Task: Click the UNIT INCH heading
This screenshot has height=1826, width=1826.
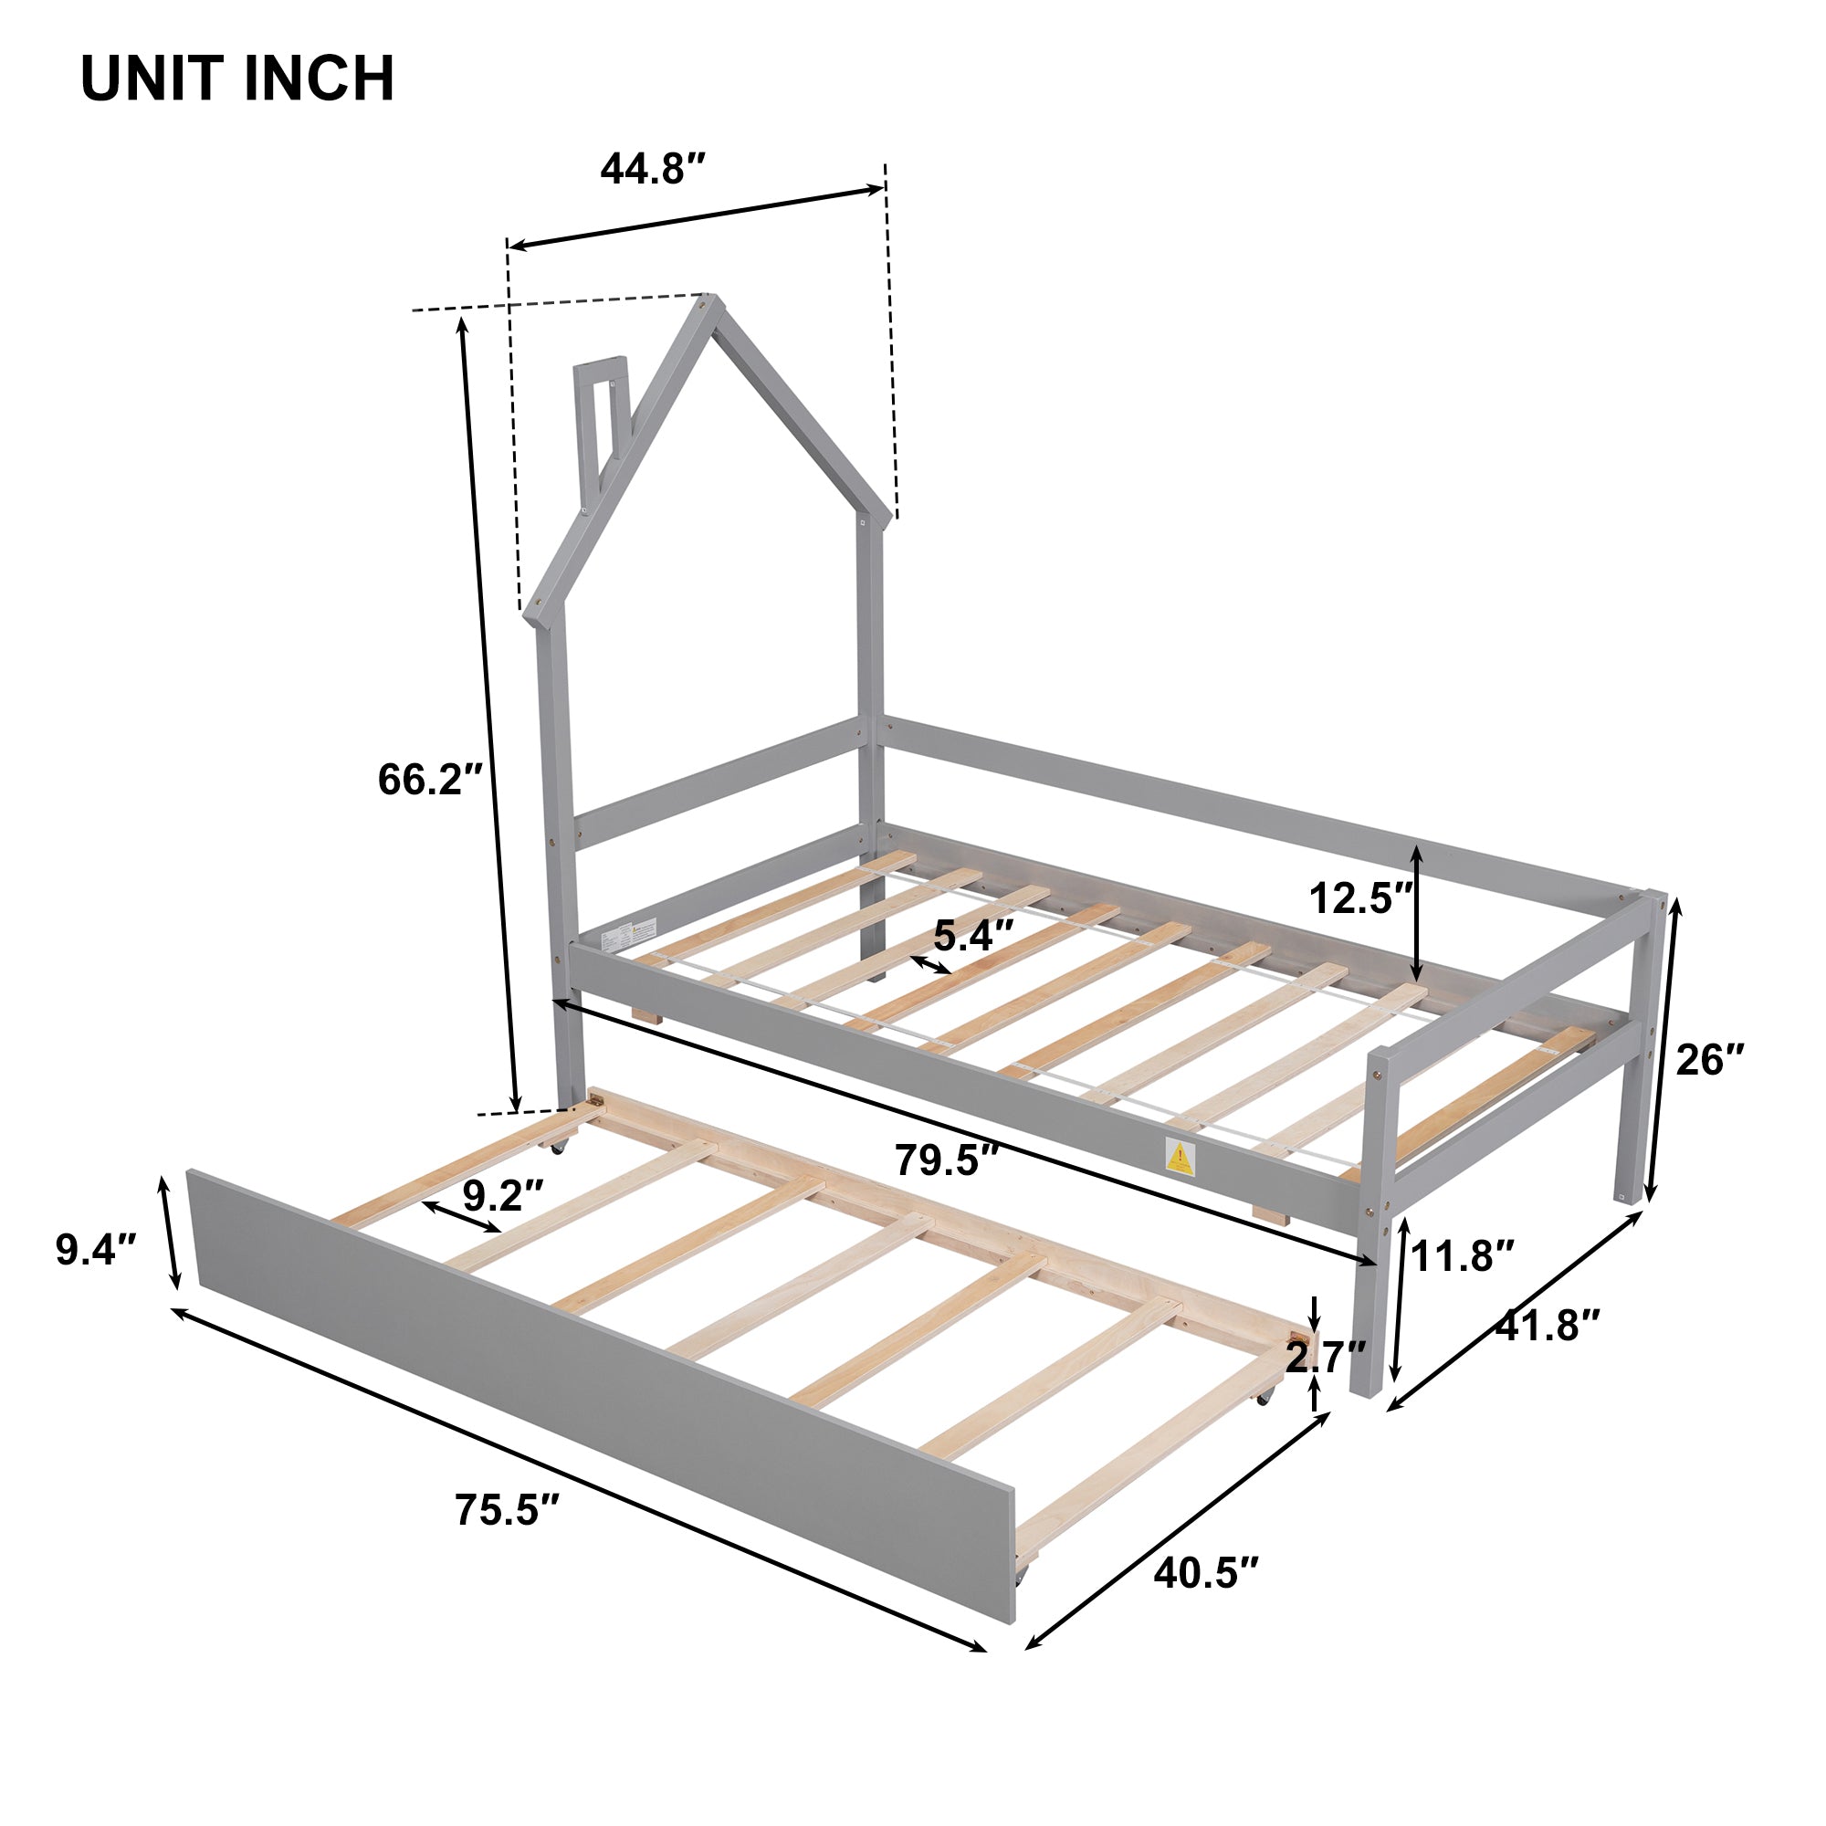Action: click(x=237, y=79)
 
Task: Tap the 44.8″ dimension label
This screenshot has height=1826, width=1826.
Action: click(x=653, y=169)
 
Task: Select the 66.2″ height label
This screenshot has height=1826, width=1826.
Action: click(x=430, y=780)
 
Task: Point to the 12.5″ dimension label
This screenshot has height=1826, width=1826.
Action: click(x=1360, y=898)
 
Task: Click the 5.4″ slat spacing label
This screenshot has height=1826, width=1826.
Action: click(x=973, y=936)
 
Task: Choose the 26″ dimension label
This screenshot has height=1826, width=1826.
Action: click(x=1710, y=1059)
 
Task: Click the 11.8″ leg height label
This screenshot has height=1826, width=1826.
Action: click(x=1462, y=1256)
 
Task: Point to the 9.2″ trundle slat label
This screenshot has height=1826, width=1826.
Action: click(x=503, y=1197)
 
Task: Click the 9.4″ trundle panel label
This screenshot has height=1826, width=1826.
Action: click(x=98, y=1250)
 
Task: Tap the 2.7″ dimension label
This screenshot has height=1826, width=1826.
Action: click(x=1325, y=1358)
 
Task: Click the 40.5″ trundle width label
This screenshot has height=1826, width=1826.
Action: click(x=1206, y=1574)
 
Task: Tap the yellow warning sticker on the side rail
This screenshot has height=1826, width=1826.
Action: click(x=1180, y=1157)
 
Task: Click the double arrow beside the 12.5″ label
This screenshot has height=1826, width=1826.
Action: click(x=1416, y=913)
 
